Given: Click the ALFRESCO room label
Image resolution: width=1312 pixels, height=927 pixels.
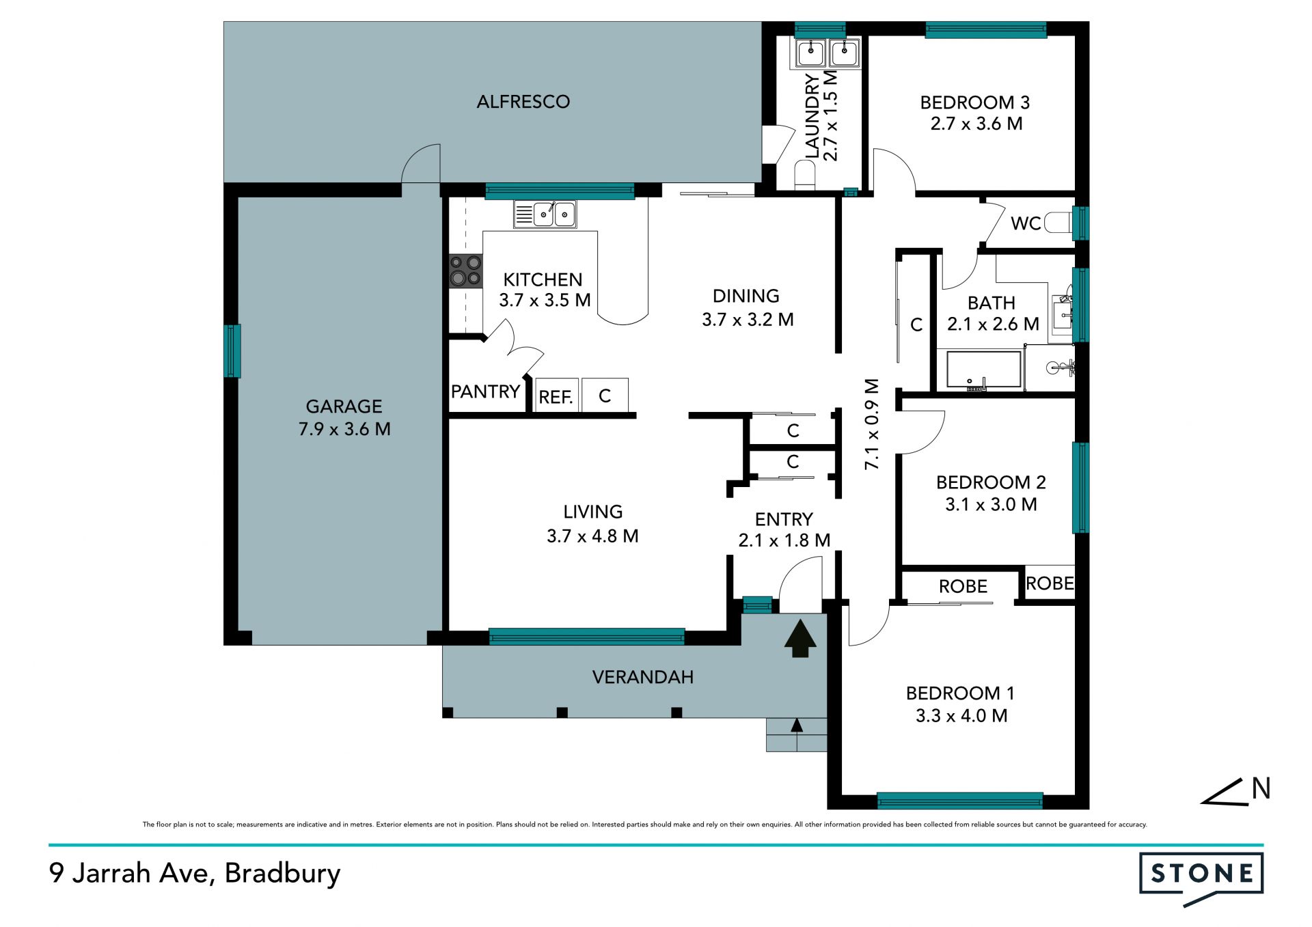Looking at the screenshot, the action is (x=523, y=102).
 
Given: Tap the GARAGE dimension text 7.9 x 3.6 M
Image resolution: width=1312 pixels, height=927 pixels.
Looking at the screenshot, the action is (x=344, y=429).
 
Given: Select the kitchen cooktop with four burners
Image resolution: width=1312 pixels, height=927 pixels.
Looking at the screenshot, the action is (x=466, y=271).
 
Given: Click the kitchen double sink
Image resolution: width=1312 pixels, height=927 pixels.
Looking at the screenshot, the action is (x=545, y=215).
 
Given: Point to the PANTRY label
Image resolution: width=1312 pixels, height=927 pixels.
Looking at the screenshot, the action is (x=485, y=391).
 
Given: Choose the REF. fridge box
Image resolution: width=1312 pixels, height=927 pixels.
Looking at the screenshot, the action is (x=556, y=396).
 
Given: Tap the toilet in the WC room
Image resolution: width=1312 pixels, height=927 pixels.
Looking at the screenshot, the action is (x=1058, y=223).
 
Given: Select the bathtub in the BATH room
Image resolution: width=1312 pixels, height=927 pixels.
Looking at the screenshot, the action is (x=983, y=370).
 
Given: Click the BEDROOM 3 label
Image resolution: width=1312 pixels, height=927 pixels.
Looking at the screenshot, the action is (x=975, y=102).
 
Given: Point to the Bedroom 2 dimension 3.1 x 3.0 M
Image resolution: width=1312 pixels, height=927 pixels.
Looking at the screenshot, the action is (x=991, y=504).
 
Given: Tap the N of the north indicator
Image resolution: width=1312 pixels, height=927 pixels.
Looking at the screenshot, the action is (x=1261, y=788).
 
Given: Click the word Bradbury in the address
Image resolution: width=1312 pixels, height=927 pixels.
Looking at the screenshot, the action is (x=282, y=873).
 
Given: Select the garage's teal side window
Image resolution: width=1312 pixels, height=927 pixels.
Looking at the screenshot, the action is (x=232, y=351).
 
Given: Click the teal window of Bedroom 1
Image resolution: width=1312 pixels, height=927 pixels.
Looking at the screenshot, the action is (x=960, y=801).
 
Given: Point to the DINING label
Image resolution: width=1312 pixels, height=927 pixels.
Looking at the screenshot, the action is (x=746, y=296).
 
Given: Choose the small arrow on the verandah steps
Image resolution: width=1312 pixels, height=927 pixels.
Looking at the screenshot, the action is (x=797, y=726).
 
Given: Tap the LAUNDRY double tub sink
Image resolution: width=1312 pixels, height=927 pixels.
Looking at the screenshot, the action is (x=827, y=53).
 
